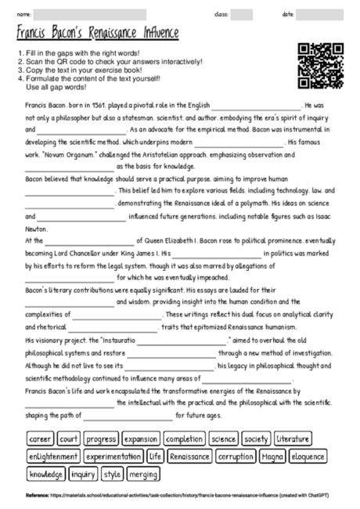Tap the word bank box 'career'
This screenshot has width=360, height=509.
point(41,439)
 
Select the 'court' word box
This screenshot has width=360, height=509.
point(69,439)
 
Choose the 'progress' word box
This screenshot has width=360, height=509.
point(101,439)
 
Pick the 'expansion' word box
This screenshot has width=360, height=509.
point(141,439)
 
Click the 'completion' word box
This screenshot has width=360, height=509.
point(185,439)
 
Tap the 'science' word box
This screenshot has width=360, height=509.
point(224,439)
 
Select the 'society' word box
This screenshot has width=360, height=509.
point(256,439)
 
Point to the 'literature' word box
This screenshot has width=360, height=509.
point(293,439)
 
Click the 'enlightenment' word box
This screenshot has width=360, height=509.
point(53,457)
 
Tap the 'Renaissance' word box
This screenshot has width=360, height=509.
point(189,457)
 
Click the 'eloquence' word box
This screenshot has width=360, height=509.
point(308,457)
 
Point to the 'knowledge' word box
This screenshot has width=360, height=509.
point(46,474)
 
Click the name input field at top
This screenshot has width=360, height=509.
point(90,15)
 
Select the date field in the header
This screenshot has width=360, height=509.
point(325,15)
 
